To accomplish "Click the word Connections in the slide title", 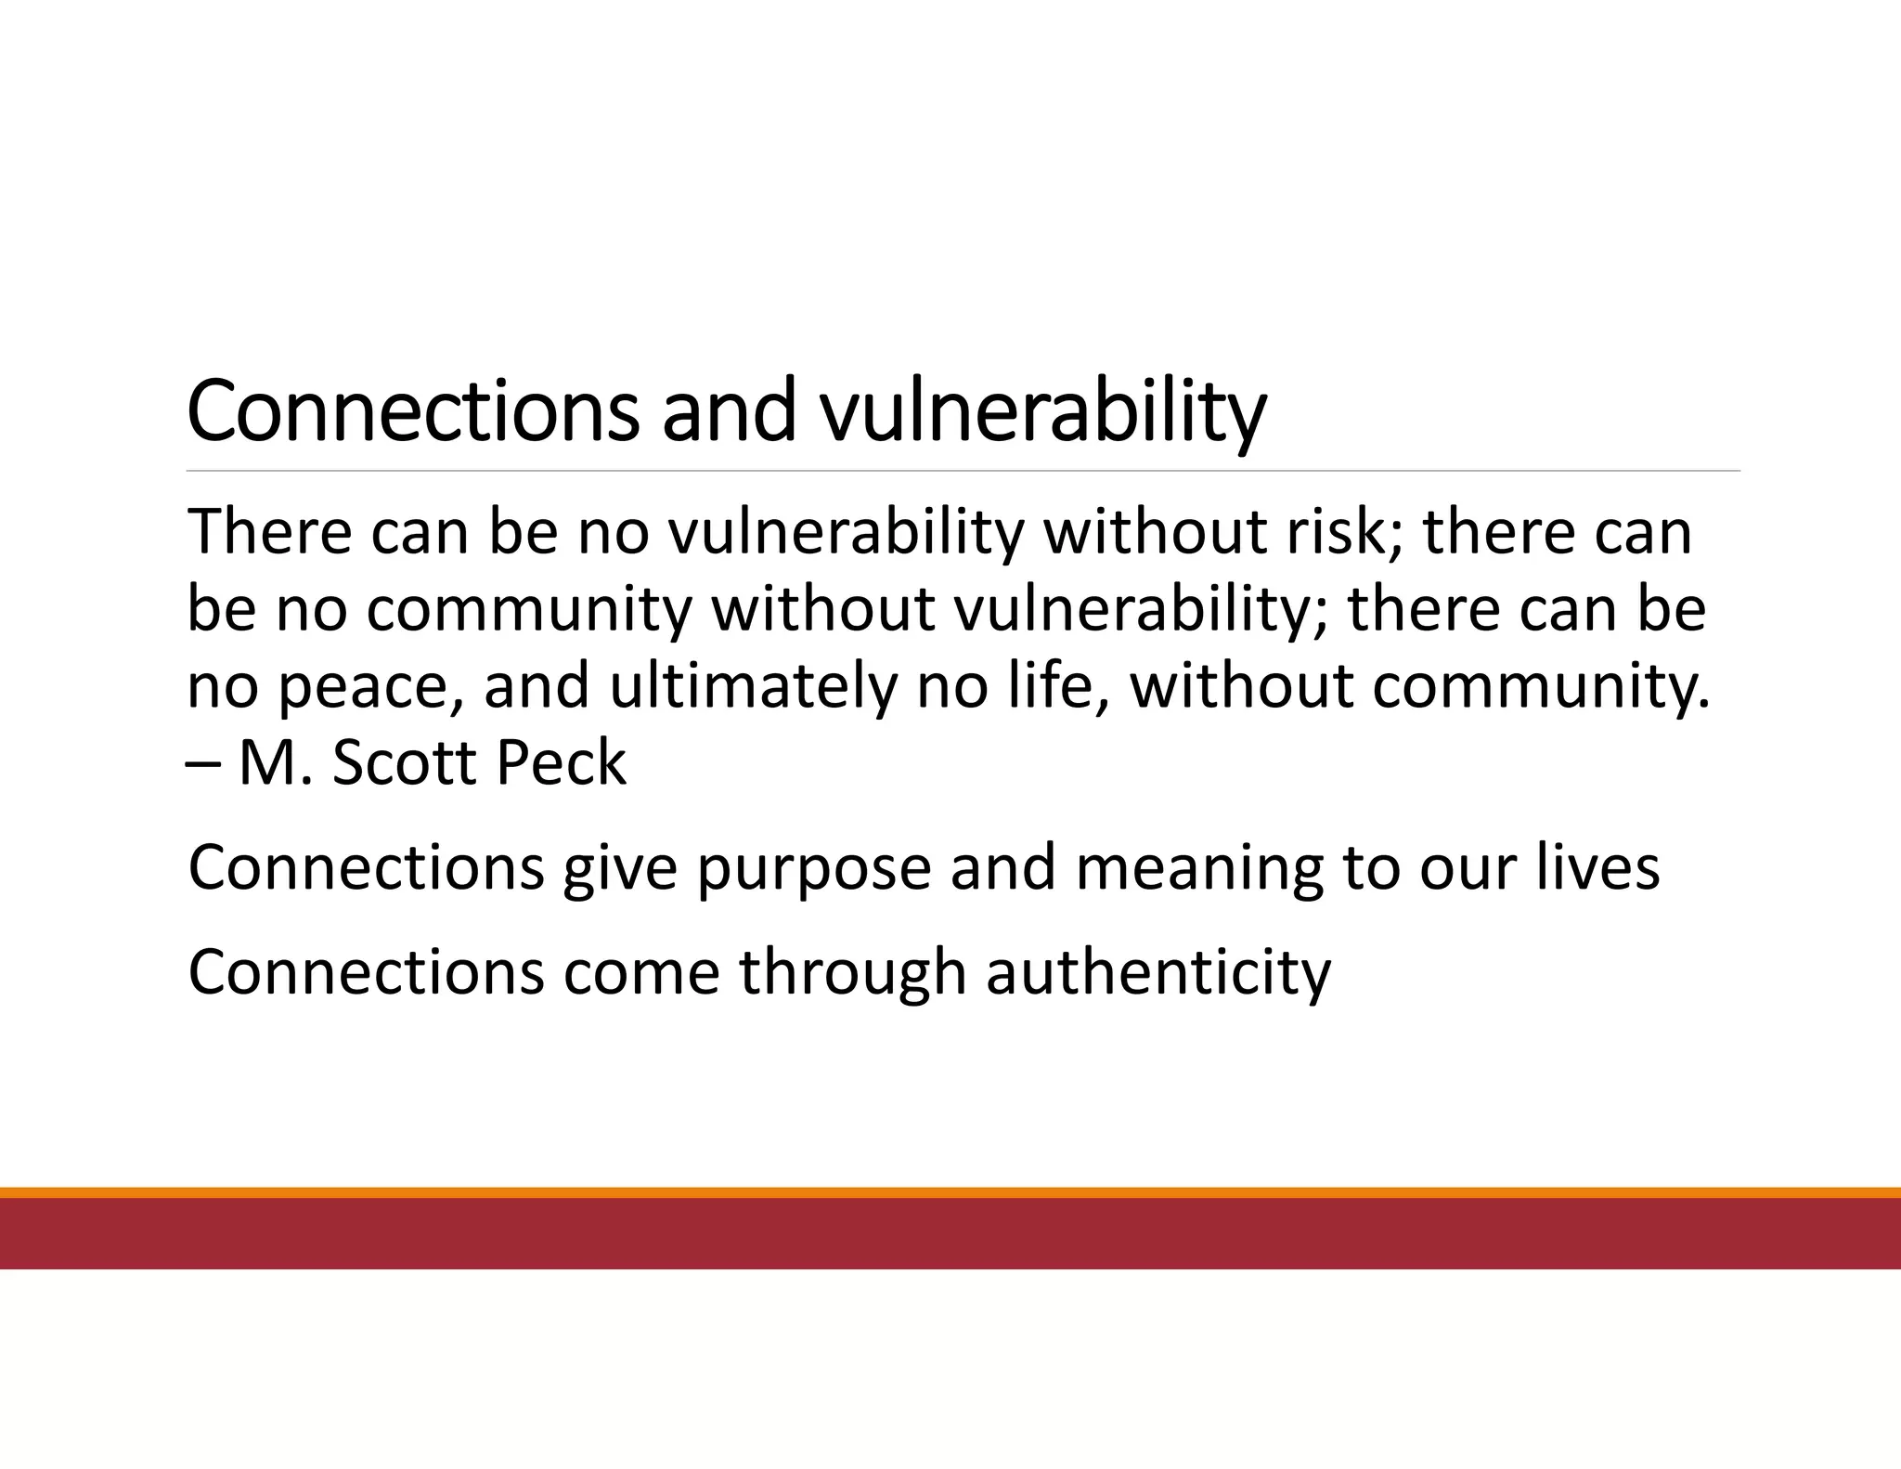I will tap(412, 410).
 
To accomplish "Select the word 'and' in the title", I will tap(729, 410).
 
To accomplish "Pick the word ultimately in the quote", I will tap(753, 687).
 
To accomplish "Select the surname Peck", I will tap(561, 762).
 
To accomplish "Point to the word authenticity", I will tap(1157, 974).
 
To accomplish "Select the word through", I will tap(852, 974).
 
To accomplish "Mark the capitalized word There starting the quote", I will tap(269, 533).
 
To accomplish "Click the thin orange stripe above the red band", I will tap(950, 1192).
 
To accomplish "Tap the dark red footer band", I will tap(950, 1233).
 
